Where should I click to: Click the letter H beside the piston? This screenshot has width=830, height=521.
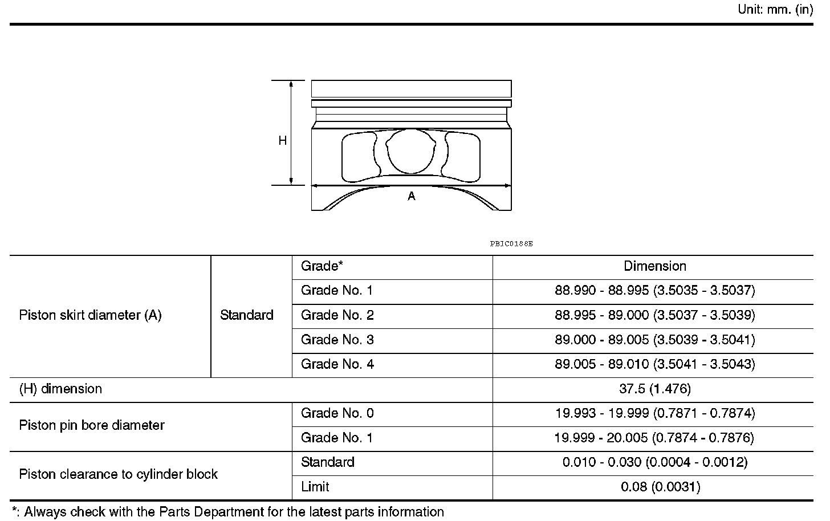coord(282,140)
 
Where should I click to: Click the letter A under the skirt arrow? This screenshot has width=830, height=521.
coord(412,196)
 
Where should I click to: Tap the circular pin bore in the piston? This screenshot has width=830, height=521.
coord(410,151)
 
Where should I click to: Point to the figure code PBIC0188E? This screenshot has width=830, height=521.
coord(511,244)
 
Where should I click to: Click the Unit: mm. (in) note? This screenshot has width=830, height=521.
coord(775,9)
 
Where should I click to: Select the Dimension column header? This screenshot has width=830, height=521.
coord(655,266)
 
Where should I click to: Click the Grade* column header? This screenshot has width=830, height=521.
coord(322,266)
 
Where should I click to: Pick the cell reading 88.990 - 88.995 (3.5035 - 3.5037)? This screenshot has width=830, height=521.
coord(655,290)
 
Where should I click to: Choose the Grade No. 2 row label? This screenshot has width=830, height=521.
coord(337,315)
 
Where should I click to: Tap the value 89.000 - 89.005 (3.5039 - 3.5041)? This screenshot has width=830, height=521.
coord(655,339)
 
